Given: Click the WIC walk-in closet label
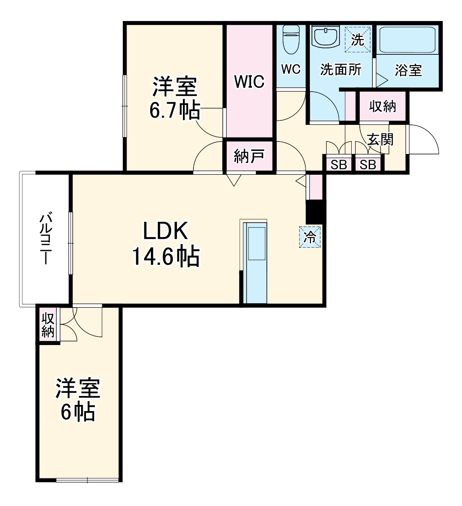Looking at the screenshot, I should point(249,81).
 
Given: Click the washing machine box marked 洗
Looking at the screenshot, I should point(357,39).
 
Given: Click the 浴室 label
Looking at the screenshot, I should point(408,70).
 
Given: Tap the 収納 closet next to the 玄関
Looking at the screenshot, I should point(382,106).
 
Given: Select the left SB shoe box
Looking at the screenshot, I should point(338,165).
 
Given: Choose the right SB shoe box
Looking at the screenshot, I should point(367,165).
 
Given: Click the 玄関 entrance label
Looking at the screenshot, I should point(380,139).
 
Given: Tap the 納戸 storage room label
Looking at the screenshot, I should point(249,156).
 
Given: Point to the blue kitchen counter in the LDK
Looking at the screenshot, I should point(255,264).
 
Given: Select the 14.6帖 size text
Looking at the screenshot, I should point(165,256).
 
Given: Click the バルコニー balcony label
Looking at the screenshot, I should point(45,239).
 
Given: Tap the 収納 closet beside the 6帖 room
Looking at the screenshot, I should point(48,325).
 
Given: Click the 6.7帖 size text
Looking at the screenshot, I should point(174,110).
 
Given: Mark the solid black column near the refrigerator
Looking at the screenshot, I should point(315,212).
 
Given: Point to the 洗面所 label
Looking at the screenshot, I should point(340,70).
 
